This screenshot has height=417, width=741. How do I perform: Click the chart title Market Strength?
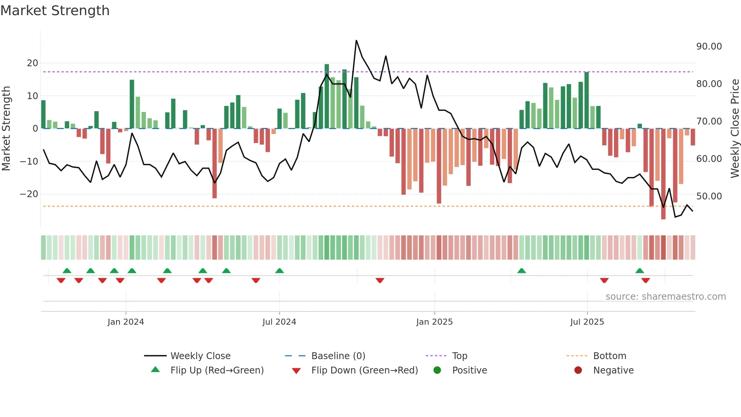55,11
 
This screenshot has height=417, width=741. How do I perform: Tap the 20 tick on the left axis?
33,63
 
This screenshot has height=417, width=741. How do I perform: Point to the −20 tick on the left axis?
29,194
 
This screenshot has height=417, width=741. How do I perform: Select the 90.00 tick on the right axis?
709,47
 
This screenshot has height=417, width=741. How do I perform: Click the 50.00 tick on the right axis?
709,196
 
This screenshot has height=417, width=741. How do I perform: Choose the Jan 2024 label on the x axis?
126,322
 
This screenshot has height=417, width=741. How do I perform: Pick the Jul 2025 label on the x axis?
587,322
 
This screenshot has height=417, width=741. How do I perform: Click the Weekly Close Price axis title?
735,129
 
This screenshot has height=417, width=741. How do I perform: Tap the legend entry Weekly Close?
200,356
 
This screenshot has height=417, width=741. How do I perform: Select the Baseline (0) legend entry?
338,356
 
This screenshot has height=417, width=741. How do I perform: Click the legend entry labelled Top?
459,356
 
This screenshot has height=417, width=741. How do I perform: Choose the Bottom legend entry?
609,356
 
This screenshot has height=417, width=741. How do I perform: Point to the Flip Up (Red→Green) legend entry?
217,370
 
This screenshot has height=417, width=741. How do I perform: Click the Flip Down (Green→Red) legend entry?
364,370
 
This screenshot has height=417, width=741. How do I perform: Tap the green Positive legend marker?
437,370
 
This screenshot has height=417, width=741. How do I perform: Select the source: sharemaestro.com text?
665,297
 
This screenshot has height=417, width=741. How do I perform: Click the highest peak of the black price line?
356,40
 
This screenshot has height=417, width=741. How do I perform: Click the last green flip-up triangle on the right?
640,271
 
